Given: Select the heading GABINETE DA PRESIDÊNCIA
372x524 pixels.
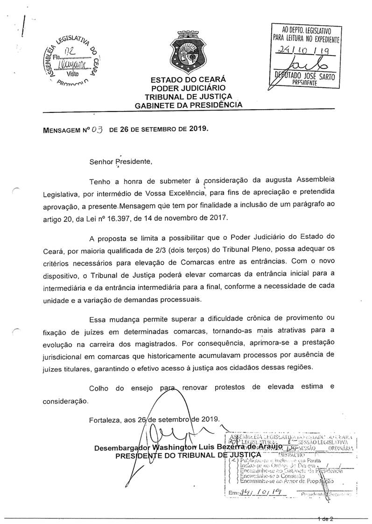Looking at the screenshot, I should pyautogui.click(x=189, y=105).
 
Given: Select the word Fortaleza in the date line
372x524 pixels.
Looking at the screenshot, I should pyautogui.click(x=105, y=419).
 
